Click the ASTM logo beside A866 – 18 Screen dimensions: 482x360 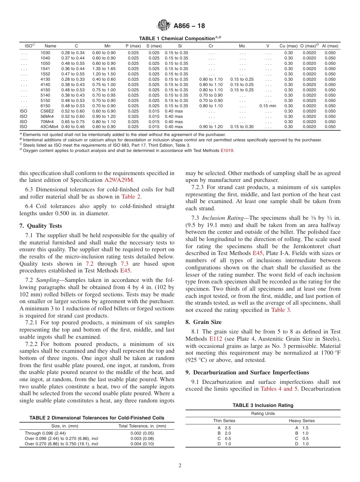point(164,26)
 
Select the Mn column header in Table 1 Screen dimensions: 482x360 point(107,46)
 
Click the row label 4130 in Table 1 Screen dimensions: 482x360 point(45,79)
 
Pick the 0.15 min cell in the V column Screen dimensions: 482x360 point(268,106)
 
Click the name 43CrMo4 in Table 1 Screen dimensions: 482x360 point(49,127)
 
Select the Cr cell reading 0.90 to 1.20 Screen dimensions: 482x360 point(211,127)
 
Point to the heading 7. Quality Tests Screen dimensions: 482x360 point(41,226)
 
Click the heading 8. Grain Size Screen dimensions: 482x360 point(203,322)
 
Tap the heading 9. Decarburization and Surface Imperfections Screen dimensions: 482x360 point(247,372)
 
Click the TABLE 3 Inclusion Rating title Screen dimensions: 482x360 point(263,405)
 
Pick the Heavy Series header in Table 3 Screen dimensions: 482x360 point(302,421)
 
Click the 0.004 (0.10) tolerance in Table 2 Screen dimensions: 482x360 point(142,444)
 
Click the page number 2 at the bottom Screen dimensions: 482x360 point(180,466)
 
